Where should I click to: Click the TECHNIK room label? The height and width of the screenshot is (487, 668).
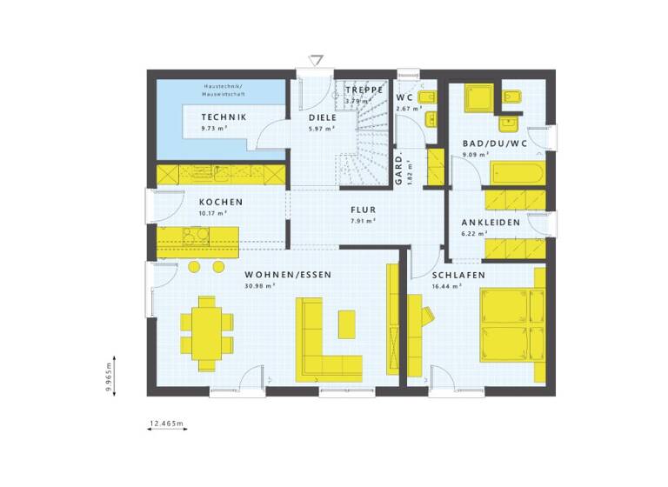pyautogui.click(x=224, y=117)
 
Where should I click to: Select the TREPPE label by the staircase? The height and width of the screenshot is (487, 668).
pyautogui.click(x=363, y=90)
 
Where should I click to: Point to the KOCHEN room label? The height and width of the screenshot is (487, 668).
pyautogui.click(x=197, y=202)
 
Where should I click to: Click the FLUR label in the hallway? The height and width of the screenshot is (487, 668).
pyautogui.click(x=363, y=210)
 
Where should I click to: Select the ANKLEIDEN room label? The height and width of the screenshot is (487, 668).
pyautogui.click(x=491, y=223)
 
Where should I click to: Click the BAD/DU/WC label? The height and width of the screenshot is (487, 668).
pyautogui.click(x=493, y=143)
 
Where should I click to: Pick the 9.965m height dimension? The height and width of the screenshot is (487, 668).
pyautogui.click(x=108, y=378)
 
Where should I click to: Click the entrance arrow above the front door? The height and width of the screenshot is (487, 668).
pyautogui.click(x=317, y=60)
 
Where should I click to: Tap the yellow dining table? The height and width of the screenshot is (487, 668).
pyautogui.click(x=208, y=333)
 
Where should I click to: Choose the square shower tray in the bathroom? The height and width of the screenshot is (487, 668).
pyautogui.click(x=478, y=98)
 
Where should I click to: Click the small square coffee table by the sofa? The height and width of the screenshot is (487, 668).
pyautogui.click(x=347, y=324)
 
